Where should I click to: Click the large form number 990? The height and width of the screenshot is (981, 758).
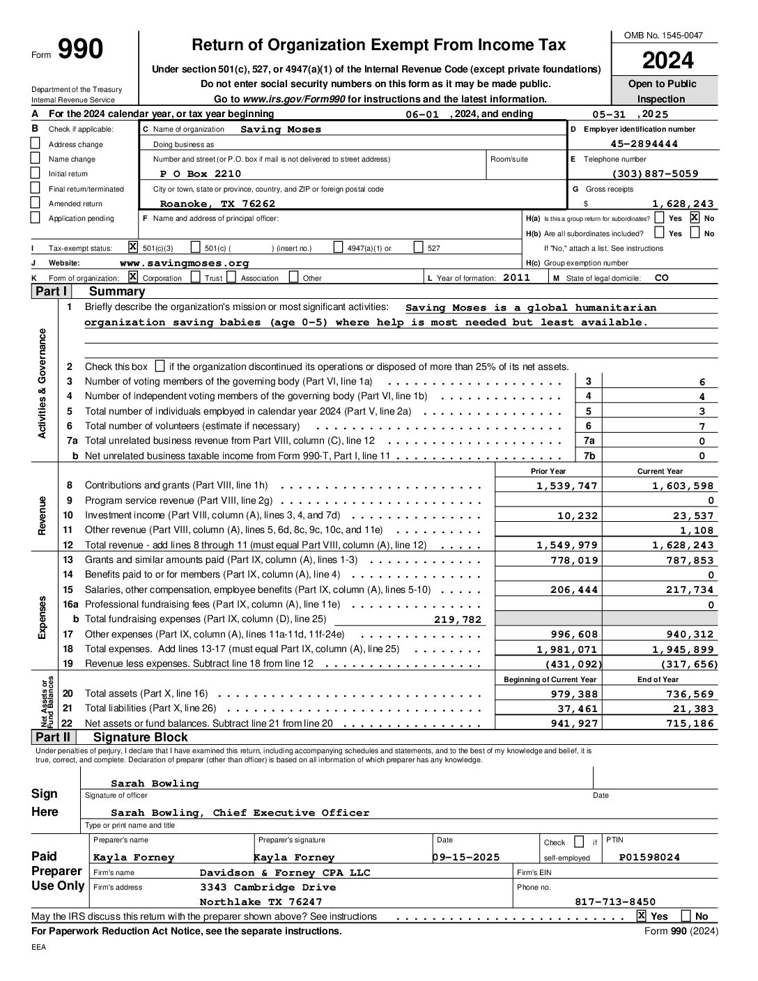point(79,49)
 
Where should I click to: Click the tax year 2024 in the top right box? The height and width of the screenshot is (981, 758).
point(667,61)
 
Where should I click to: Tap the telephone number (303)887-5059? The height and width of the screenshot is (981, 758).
point(654,174)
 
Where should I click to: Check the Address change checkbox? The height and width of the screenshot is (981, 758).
point(36,144)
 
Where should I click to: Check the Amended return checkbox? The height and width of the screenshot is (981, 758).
point(36,203)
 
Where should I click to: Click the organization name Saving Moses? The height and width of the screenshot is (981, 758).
point(281,130)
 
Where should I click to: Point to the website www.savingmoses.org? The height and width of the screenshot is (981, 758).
point(184,263)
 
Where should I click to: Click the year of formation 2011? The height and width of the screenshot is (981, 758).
point(516,277)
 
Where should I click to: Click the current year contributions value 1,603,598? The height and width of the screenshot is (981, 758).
point(683,486)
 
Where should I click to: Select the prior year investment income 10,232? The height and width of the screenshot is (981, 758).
point(578,516)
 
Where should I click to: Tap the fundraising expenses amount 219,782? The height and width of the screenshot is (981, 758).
point(457,619)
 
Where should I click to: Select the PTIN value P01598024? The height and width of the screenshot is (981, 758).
point(649,858)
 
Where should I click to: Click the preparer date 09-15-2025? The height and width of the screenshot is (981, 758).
point(466,858)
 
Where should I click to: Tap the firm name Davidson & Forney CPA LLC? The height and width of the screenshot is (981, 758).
point(285,872)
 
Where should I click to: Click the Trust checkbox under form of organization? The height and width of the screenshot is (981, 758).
point(196,277)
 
